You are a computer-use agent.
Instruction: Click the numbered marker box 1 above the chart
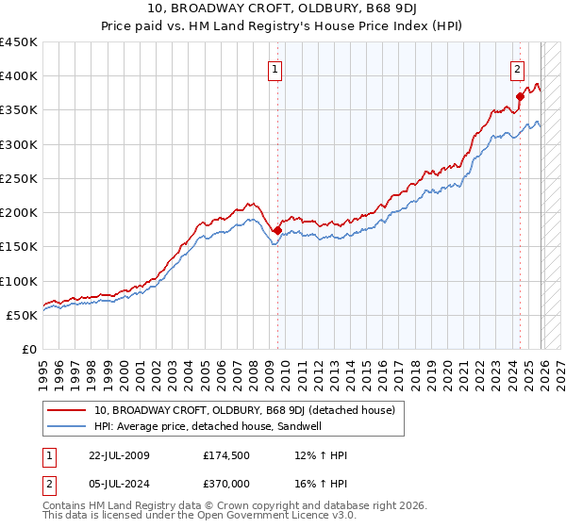pos(275,68)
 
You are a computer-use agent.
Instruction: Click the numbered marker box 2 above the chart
pos(518,68)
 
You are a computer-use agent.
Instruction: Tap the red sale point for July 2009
pos(277,230)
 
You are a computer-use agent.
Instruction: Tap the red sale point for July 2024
pos(520,96)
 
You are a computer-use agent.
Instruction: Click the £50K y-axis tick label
pos(23,315)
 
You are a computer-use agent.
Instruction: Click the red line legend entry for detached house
pos(249,410)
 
